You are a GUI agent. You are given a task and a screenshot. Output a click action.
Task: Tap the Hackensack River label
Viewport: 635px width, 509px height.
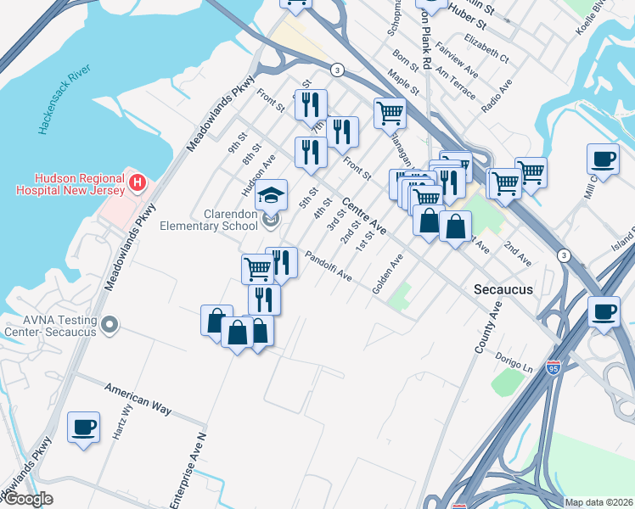tap(63, 99)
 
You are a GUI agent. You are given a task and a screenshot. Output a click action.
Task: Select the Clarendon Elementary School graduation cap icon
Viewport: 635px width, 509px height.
tap(272, 196)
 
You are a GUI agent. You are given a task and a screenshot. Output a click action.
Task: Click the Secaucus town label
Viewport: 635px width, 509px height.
tap(503, 289)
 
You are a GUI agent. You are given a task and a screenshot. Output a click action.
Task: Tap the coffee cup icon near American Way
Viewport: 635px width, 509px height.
tap(83, 428)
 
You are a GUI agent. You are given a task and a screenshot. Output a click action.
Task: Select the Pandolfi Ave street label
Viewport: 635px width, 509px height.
tap(329, 265)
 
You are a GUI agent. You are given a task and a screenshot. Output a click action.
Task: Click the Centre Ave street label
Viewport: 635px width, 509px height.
tap(364, 216)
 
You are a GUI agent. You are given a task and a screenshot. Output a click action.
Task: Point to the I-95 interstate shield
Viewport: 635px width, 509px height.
tap(554, 369)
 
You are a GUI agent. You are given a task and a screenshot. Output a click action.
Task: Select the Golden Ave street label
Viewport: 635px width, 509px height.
tap(386, 276)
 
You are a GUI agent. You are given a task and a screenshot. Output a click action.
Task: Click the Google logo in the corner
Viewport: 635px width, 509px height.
tap(27, 500)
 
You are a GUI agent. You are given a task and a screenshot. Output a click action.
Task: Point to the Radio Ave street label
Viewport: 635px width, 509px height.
tap(497, 98)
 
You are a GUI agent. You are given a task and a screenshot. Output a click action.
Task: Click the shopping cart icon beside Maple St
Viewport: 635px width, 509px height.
tap(390, 112)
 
